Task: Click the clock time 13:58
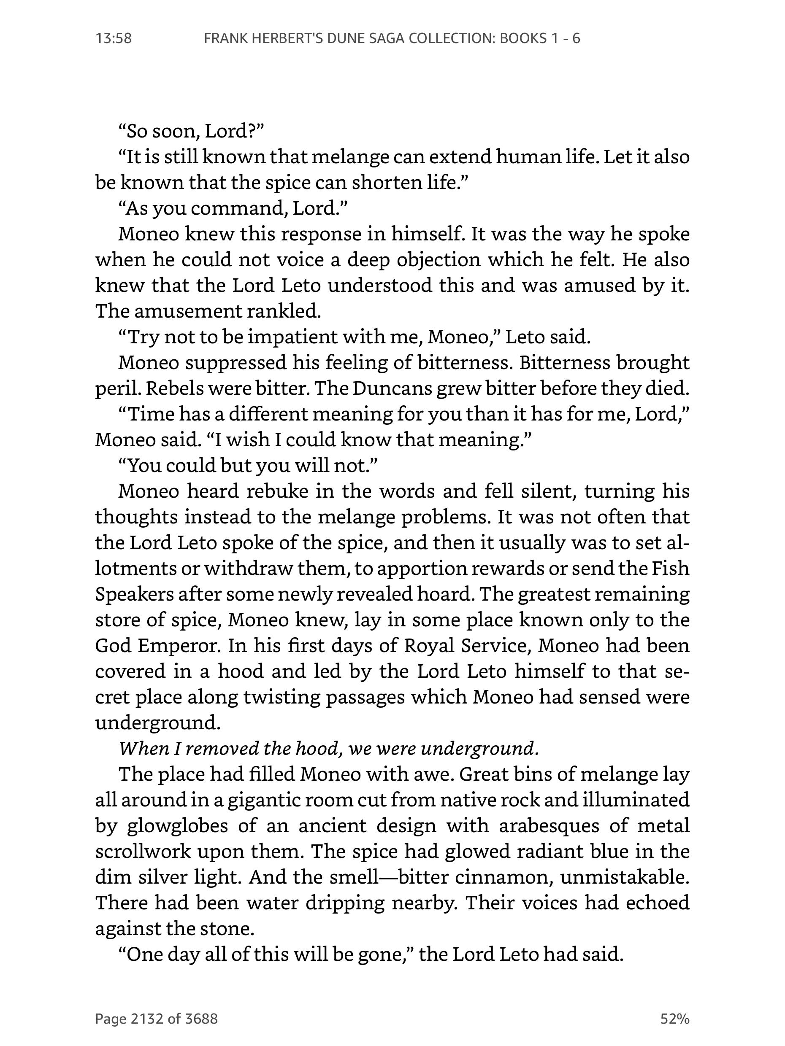click(114, 38)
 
